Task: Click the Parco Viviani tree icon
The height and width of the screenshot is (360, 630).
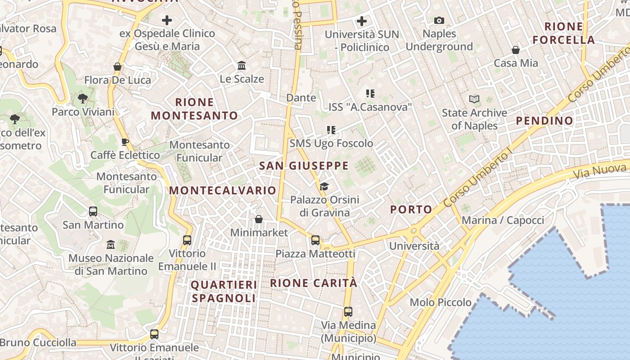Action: [x=82, y=99]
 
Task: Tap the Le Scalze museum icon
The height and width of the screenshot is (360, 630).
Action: [x=242, y=66]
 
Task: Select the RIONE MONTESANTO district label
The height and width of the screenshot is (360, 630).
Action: [x=194, y=109]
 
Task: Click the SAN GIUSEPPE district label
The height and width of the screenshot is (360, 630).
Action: [x=304, y=166]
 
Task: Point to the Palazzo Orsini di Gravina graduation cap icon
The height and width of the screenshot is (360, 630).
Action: [x=324, y=187]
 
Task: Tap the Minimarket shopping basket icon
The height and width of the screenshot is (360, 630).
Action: [x=259, y=219]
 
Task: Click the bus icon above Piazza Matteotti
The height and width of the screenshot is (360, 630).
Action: [x=315, y=240]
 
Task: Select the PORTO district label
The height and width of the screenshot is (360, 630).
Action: [x=411, y=209]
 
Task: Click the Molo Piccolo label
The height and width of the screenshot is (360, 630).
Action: [x=441, y=302]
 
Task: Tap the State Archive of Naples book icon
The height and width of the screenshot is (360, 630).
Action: [x=474, y=99]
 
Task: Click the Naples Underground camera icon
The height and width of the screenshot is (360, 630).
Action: [x=439, y=20]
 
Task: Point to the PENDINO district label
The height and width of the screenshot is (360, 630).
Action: [x=544, y=121]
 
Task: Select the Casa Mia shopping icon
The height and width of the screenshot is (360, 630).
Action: [x=516, y=50]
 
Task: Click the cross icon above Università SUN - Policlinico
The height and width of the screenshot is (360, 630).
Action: [x=362, y=21]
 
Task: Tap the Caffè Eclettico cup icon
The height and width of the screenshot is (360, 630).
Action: [x=125, y=142]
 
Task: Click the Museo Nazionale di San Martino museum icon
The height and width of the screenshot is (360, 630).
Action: [x=111, y=245]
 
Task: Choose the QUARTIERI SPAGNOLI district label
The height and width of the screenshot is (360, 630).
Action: [x=224, y=291]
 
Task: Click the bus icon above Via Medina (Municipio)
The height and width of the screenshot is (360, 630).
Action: [x=348, y=311]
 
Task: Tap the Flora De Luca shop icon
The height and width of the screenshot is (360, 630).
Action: [x=117, y=67]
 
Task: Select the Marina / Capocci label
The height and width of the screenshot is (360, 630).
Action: [x=503, y=220]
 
